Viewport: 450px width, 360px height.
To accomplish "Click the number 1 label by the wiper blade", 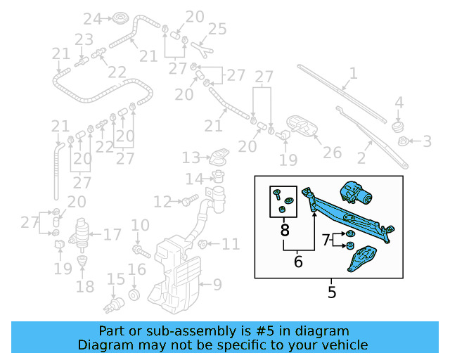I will point(353,73).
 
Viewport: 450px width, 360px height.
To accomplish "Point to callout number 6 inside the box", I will point(298,262).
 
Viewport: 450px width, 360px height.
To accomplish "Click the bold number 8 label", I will point(284,229).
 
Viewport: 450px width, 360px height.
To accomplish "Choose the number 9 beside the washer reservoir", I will point(217,285).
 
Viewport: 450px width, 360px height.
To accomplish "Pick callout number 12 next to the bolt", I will point(162,202).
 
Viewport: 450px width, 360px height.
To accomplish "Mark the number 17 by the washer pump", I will point(112,234).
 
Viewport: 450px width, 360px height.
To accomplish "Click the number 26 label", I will point(332,152).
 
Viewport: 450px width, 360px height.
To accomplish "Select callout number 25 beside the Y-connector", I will point(217,30).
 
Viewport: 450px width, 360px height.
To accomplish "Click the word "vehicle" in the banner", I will point(342,345).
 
